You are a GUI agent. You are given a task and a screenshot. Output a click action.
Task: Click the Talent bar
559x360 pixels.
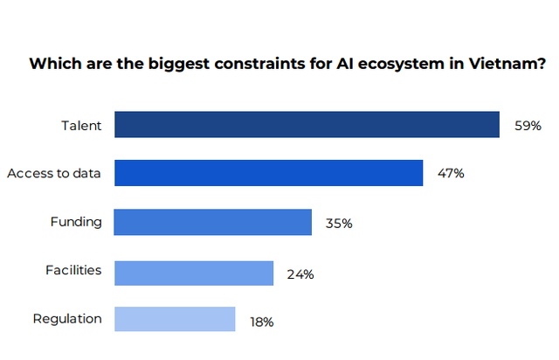coord(307,125)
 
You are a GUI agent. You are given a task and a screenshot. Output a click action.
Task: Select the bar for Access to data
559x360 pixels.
coord(268,173)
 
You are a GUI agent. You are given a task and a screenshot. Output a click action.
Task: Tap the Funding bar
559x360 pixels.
coord(212,222)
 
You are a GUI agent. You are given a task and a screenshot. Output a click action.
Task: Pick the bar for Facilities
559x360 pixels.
coord(193,273)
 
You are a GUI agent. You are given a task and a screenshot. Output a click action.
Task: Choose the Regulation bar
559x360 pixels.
coord(174,320)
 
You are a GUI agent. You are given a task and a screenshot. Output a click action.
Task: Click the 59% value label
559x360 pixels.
coord(528,126)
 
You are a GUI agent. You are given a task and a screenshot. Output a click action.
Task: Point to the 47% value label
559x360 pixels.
coord(451,174)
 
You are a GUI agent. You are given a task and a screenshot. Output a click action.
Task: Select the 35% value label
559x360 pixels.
coord(339,224)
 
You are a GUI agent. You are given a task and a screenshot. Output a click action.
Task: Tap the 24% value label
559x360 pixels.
coord(300,274)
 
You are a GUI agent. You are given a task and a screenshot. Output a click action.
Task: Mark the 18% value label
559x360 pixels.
coord(262,322)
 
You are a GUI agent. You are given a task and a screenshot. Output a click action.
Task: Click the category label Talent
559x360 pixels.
coord(81,126)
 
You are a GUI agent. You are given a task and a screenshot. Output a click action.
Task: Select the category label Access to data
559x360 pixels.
coord(54,174)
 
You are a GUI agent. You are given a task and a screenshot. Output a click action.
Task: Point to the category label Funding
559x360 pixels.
coord(76,222)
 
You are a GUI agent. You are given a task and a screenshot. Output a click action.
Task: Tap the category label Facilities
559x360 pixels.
coord(73,271)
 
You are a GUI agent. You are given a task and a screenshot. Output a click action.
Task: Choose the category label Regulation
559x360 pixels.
coord(67,319)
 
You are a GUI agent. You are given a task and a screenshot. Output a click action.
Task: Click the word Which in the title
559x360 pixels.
coord(50,64)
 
